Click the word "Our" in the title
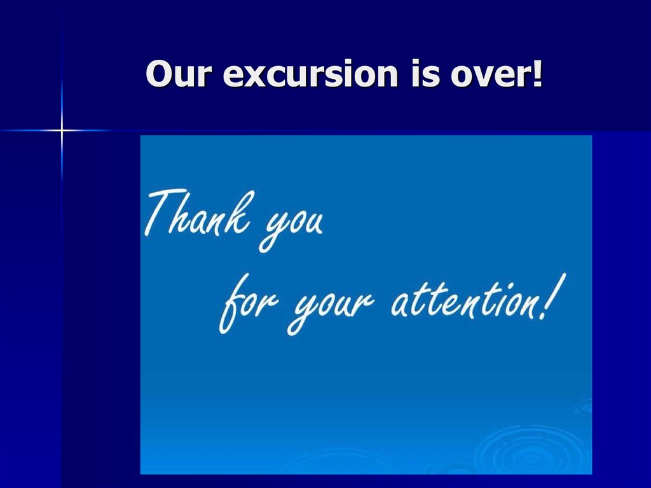pyautogui.click(x=177, y=75)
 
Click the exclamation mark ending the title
pyautogui.click(x=537, y=74)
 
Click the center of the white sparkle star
pyautogui.click(x=62, y=130)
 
